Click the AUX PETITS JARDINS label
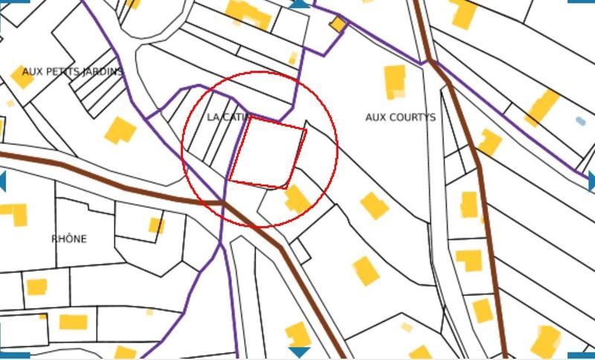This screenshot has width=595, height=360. (x=72, y=72)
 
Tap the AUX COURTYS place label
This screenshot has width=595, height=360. (x=400, y=118)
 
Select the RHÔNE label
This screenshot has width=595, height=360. (x=68, y=239)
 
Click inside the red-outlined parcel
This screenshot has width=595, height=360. (x=266, y=151)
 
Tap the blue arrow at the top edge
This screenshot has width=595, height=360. (x=299, y=4)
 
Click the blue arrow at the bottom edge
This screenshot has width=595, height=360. (x=299, y=352)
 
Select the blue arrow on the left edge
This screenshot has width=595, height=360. (x=3, y=181)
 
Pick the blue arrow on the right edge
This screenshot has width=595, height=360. (x=591, y=181)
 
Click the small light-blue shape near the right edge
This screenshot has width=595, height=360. (x=580, y=120)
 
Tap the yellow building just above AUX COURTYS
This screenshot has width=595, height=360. (x=394, y=82)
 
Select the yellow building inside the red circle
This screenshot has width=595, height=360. (x=297, y=199)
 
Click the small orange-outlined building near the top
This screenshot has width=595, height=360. (x=338, y=25)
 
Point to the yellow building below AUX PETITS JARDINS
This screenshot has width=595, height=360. (x=120, y=130)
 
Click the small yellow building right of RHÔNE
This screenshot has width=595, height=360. (x=156, y=225)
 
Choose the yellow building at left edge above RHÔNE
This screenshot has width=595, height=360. (x=15, y=213)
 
